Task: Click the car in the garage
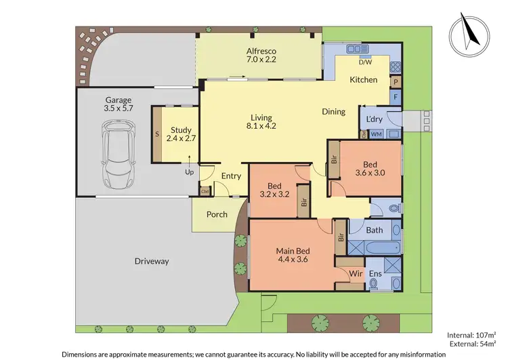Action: click(120, 155)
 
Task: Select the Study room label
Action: click(181, 134)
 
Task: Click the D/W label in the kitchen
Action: click(365, 62)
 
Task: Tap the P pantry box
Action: click(396, 82)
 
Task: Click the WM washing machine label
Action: click(377, 134)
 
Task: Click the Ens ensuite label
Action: click(375, 274)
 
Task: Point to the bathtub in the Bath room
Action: click(374, 247)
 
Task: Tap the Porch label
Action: click(216, 215)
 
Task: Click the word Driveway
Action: click(151, 261)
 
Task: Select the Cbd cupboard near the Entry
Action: click(205, 192)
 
